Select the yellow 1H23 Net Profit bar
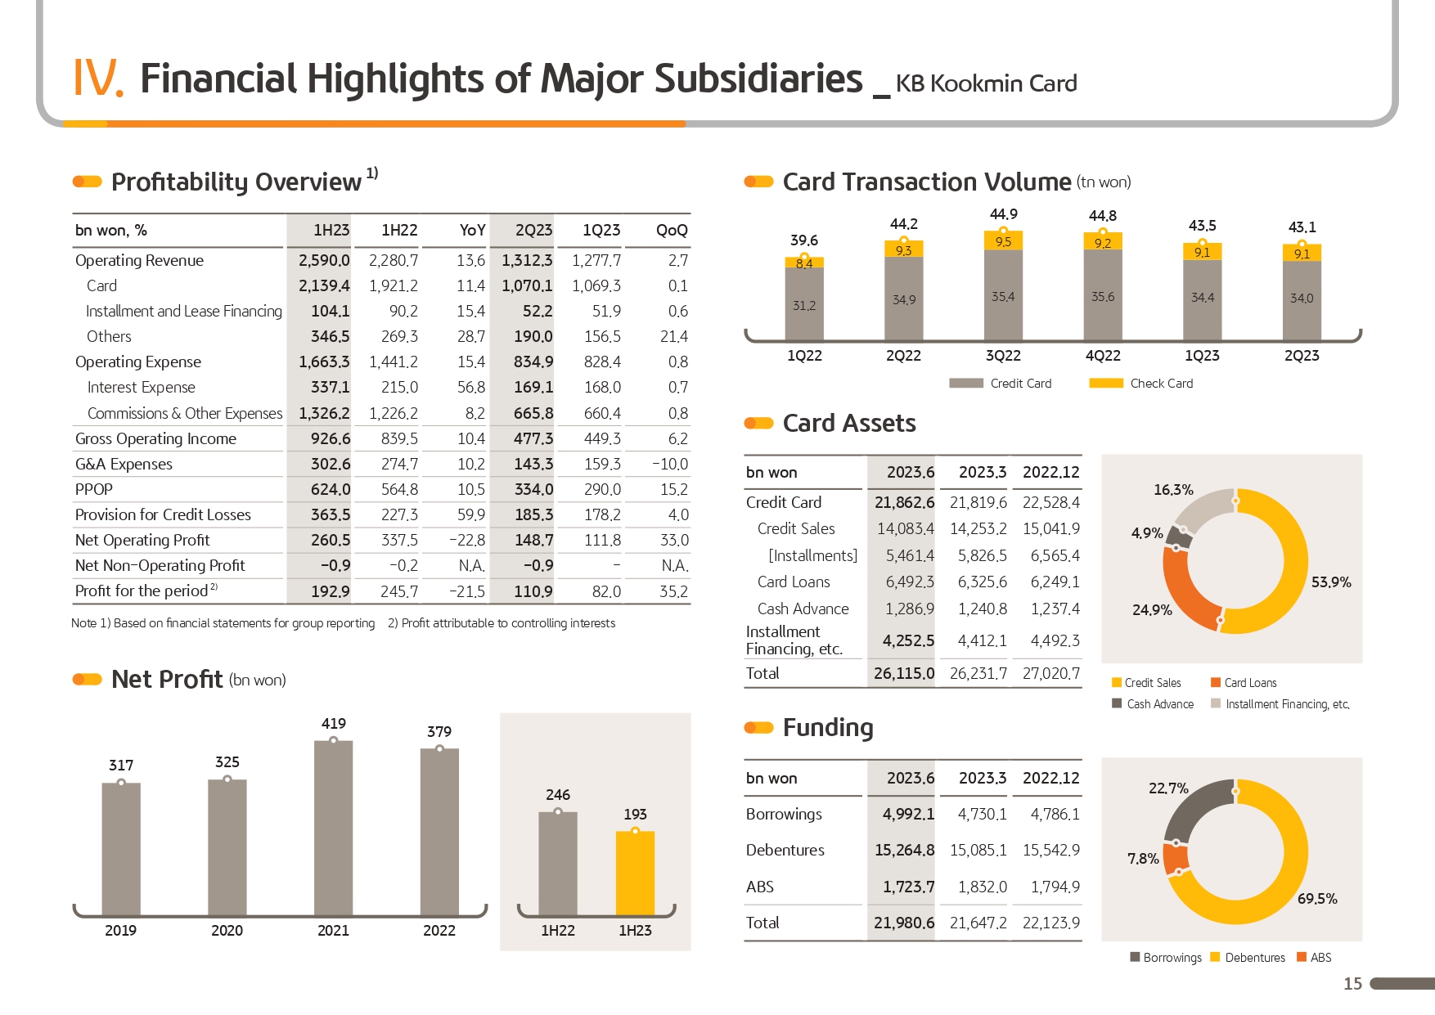click(635, 874)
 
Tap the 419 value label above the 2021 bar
click(333, 724)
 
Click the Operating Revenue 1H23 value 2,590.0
click(324, 260)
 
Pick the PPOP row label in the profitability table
click(94, 489)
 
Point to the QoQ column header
click(672, 231)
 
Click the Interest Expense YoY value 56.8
click(471, 387)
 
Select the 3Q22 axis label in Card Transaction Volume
click(1003, 356)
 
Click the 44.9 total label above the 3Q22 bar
click(1004, 214)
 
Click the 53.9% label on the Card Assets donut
click(1331, 582)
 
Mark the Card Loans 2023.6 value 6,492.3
click(910, 582)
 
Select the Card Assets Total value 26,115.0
click(904, 673)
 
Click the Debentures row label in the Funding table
click(785, 850)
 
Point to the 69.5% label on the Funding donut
click(1317, 899)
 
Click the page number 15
click(1353, 984)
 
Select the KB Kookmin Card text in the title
click(986, 83)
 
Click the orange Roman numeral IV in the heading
click(97, 79)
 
